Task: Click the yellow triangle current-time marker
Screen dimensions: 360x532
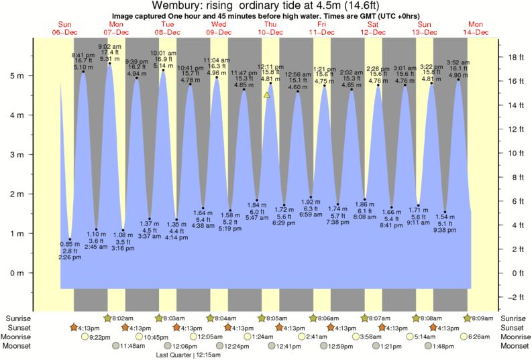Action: pos(267,95)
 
